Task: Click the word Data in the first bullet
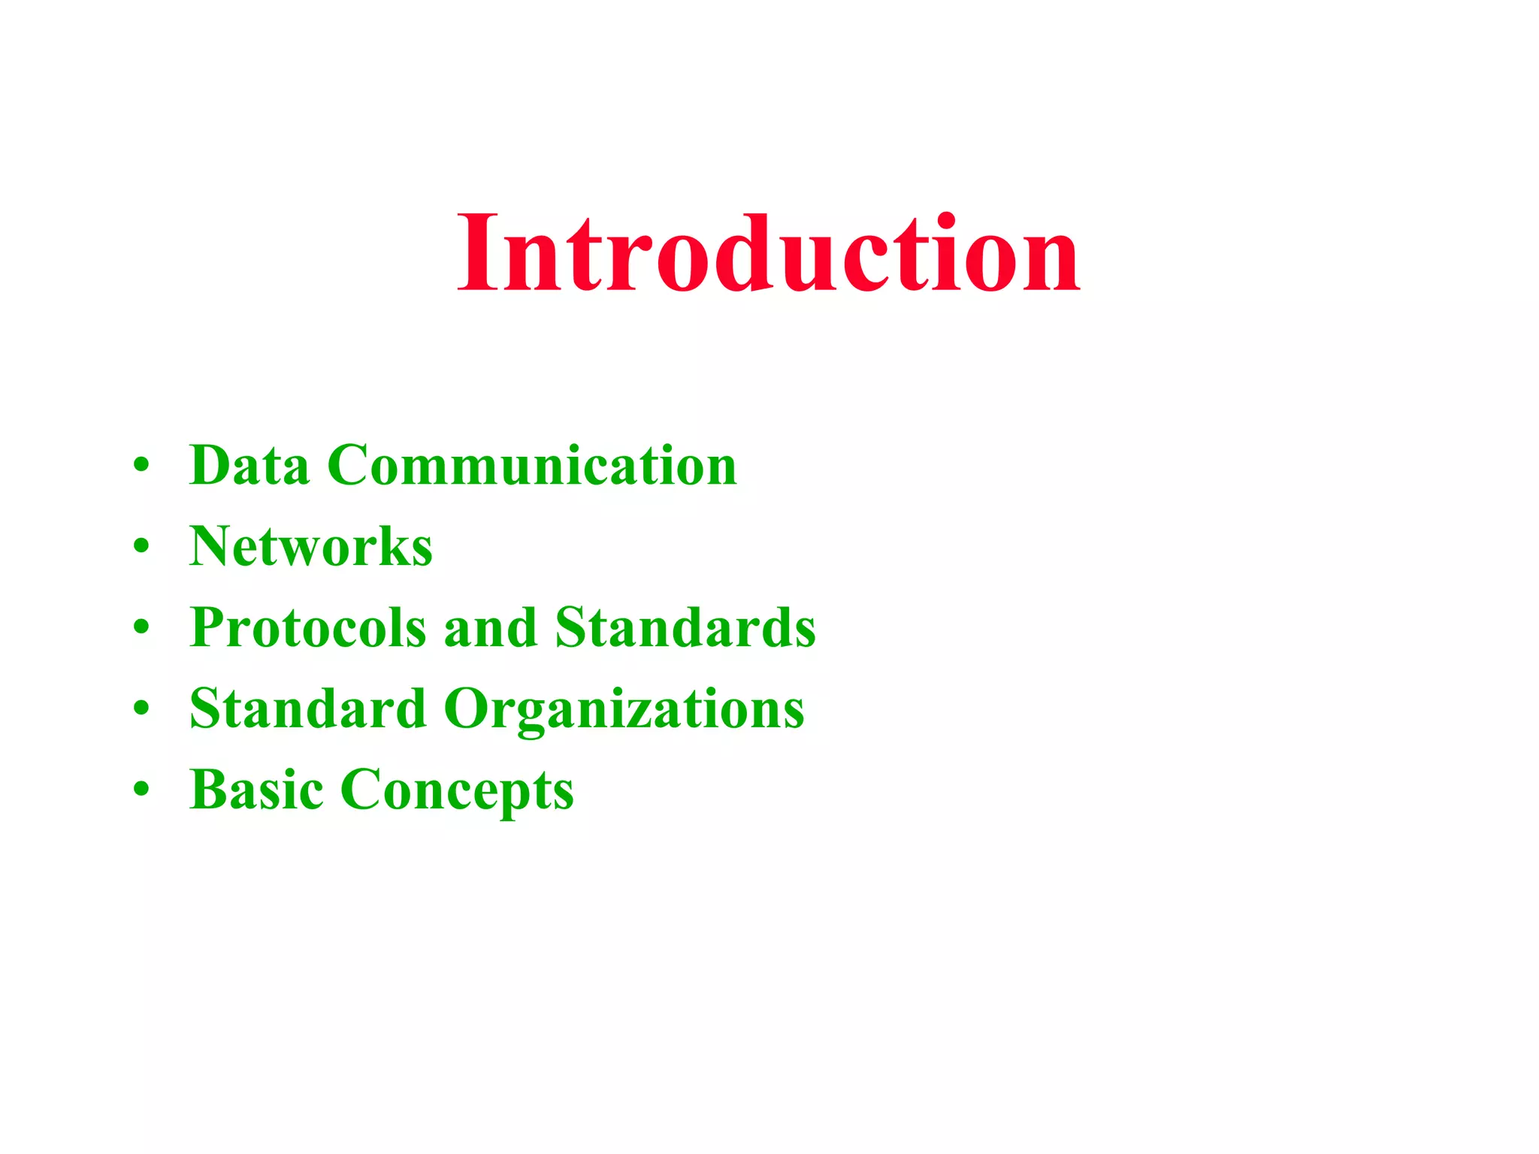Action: click(x=249, y=465)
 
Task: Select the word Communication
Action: click(x=532, y=465)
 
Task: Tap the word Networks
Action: click(x=311, y=546)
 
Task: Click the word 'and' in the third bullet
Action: click(x=490, y=627)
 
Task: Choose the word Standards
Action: click(x=685, y=627)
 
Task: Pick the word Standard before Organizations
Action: click(x=308, y=708)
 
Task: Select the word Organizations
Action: click(x=624, y=710)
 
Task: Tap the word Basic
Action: click(x=256, y=790)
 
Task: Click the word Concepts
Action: click(x=457, y=791)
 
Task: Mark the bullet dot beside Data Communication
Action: click(x=141, y=465)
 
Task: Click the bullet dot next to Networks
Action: click(x=141, y=546)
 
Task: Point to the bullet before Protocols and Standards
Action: click(x=141, y=627)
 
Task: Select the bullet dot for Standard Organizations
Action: click(x=141, y=708)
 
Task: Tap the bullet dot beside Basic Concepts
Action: click(x=141, y=790)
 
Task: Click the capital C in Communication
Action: click(x=350, y=465)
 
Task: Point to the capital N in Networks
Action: click(x=213, y=546)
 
